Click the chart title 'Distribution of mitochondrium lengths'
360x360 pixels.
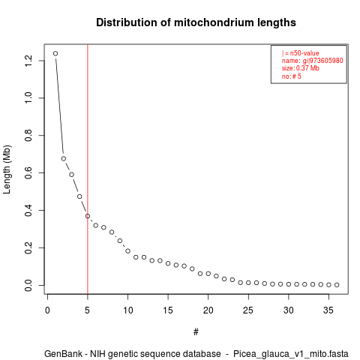click(x=196, y=22)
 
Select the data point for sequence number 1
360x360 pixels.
click(x=55, y=53)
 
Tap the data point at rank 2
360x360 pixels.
click(x=64, y=158)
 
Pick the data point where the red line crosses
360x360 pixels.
click(x=88, y=216)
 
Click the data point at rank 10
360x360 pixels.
click(x=127, y=250)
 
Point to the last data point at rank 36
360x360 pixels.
click(x=337, y=285)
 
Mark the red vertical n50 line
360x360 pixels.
click(x=88, y=169)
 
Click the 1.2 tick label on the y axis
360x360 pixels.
click(x=28, y=61)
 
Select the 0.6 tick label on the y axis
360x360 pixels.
click(x=28, y=172)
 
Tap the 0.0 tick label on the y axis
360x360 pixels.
click(x=28, y=285)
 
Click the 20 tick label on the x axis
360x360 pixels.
click(x=208, y=310)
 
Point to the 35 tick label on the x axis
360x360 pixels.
click(x=328, y=310)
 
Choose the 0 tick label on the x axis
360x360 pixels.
click(x=47, y=310)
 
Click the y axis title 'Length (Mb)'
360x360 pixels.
click(x=7, y=169)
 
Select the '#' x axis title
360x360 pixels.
click(x=196, y=332)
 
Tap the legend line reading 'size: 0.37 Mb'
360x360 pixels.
click(x=301, y=68)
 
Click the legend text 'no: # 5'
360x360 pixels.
click(x=292, y=76)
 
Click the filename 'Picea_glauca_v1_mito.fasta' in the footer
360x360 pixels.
click(x=291, y=354)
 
